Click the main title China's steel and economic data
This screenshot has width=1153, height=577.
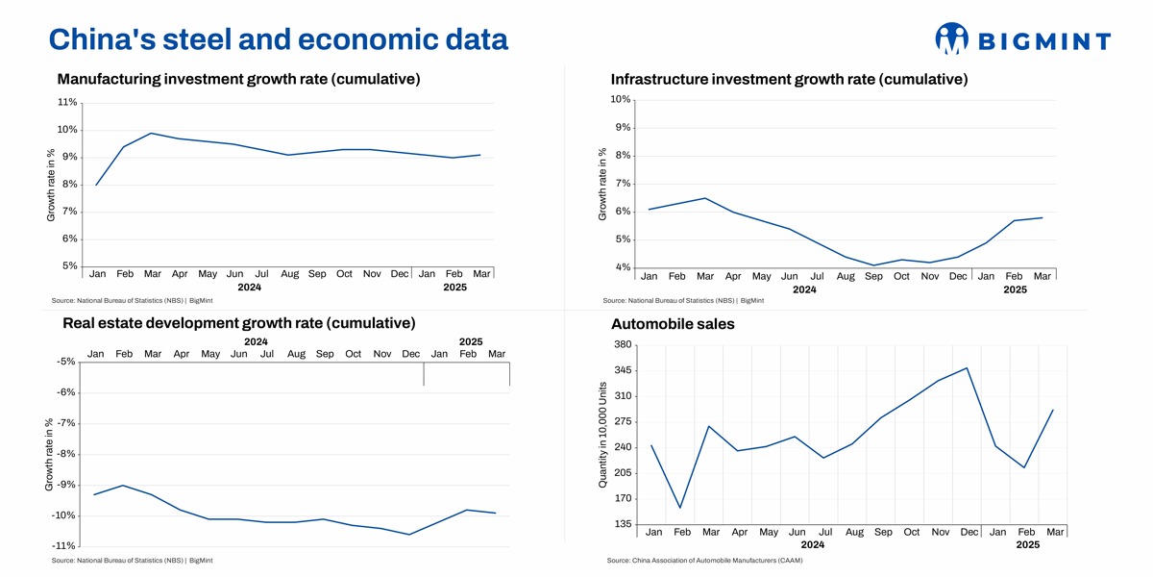[x=278, y=38]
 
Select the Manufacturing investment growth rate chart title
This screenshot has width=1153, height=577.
[x=238, y=79]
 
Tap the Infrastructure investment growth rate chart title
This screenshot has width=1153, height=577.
[x=789, y=79]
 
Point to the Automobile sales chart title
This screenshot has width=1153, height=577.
[x=673, y=324]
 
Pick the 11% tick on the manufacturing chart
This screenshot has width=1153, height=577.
[x=67, y=102]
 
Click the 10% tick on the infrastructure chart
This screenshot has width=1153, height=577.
[x=620, y=100]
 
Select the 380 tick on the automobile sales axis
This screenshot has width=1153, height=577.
[x=621, y=345]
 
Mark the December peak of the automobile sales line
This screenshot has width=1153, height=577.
[x=967, y=367]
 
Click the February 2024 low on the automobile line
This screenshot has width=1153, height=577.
[x=680, y=508]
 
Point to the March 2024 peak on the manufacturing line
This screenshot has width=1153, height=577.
[x=152, y=134]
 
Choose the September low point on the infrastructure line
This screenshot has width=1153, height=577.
[x=873, y=265]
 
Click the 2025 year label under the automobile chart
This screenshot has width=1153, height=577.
[x=1028, y=544]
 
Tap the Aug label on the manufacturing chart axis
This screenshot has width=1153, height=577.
[x=290, y=274]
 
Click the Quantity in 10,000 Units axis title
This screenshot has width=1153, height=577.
[x=603, y=435]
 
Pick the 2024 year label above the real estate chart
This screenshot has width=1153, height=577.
[x=256, y=341]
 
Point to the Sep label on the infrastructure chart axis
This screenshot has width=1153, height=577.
[x=873, y=276]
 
